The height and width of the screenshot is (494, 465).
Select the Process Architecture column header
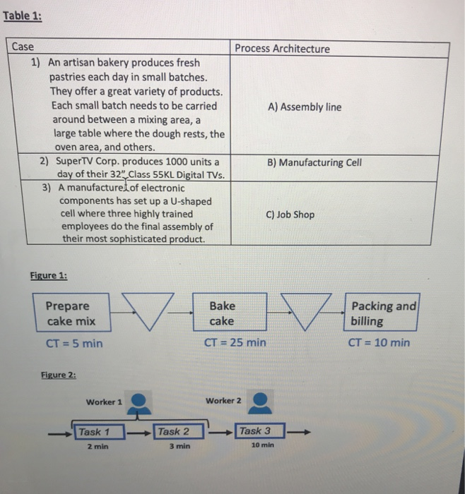coord(282,49)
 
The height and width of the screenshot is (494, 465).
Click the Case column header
coord(23,47)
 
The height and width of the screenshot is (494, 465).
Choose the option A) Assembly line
coord(305,107)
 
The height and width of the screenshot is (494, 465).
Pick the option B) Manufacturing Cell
coord(314,162)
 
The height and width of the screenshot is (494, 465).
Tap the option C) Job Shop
coord(290,215)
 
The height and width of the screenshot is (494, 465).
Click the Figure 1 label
coord(49,275)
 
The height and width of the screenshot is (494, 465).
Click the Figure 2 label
coord(59,375)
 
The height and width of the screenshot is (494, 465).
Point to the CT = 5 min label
coord(73,343)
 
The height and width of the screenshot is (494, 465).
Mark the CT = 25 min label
coord(235,343)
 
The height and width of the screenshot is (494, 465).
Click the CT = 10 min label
coord(379,343)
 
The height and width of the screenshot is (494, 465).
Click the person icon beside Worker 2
coord(262,402)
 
